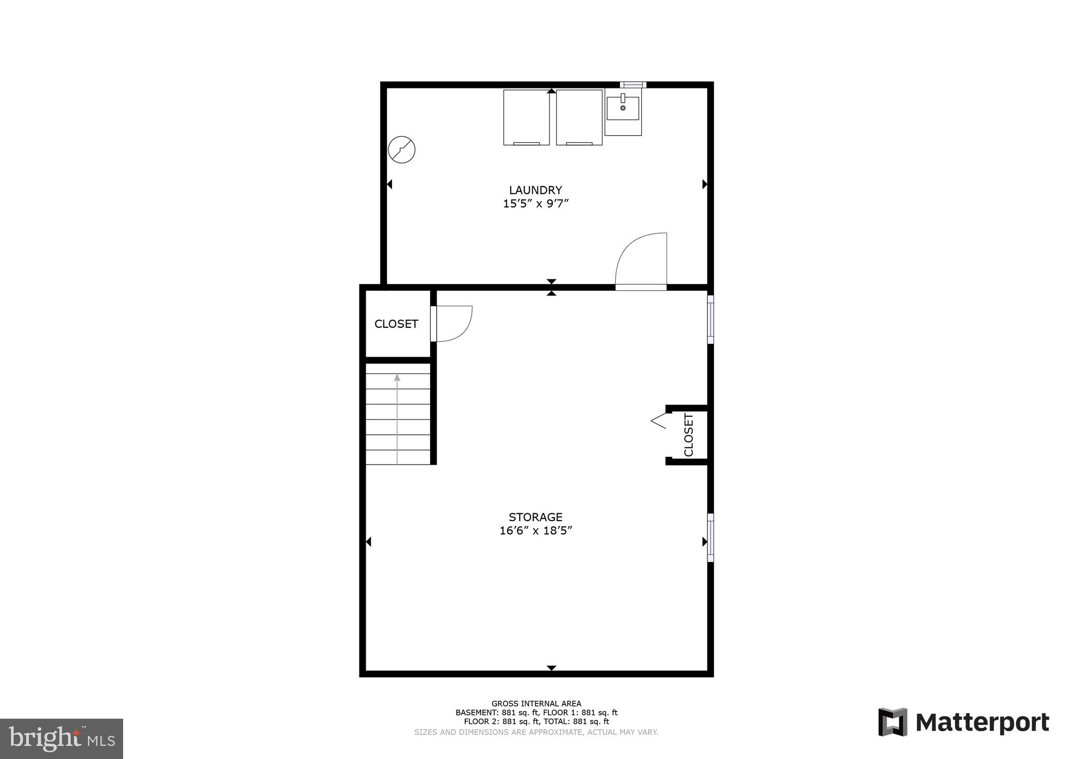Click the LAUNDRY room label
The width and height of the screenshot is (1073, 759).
point(535,190)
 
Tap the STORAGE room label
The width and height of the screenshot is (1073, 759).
point(535,517)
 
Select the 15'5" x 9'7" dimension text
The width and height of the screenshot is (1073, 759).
point(535,204)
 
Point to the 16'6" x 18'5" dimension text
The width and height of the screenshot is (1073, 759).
point(535,531)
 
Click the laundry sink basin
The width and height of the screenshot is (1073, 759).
point(623,108)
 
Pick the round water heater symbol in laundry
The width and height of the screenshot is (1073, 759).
point(402,150)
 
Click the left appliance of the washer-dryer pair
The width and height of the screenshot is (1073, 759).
point(526,117)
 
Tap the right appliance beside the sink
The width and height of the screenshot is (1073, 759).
point(579,117)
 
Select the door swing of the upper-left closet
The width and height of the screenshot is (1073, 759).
point(454,324)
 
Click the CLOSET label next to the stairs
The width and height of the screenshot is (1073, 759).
point(396,324)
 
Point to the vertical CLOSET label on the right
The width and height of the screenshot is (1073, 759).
point(688,435)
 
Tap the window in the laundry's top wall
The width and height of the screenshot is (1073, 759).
point(633,85)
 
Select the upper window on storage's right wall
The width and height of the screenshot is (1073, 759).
point(710,320)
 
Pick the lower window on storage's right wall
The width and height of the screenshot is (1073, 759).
point(710,537)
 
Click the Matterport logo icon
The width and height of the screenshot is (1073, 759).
point(893,722)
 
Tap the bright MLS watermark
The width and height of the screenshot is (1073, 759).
point(62,739)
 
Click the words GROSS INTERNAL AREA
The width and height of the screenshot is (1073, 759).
point(536,703)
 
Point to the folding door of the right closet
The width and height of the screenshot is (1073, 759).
point(660,420)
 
